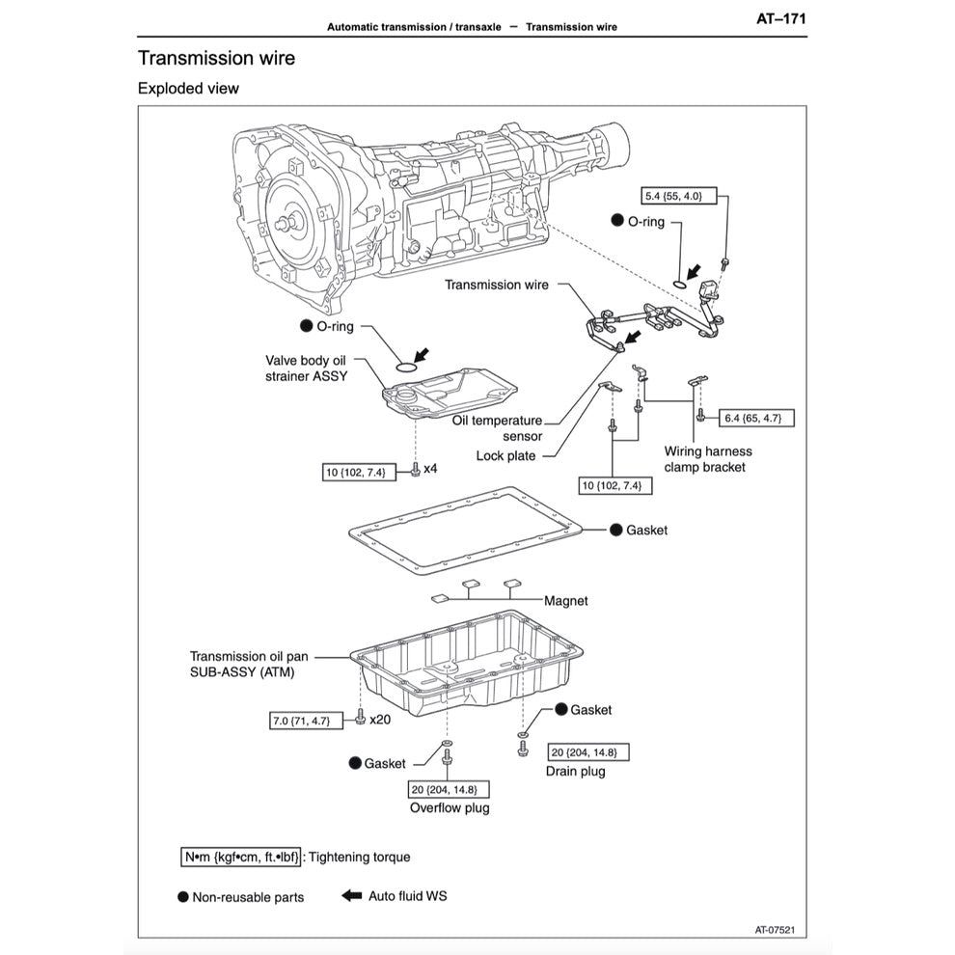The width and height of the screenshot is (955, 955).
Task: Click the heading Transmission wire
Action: click(216, 58)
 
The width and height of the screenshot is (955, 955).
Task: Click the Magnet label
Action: click(566, 600)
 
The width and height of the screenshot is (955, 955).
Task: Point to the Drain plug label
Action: click(576, 771)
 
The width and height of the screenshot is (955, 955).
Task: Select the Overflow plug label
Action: click(450, 807)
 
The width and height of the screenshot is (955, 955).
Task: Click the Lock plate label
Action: click(506, 455)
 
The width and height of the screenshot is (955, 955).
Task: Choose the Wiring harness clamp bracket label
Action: click(708, 459)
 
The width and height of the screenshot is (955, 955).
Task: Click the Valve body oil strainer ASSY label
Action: click(307, 368)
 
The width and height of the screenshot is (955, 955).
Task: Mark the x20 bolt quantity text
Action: click(379, 720)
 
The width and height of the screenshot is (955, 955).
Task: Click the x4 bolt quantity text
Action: click(430, 470)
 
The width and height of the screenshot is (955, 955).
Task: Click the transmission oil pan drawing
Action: click(468, 666)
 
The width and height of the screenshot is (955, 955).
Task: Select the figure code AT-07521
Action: click(781, 930)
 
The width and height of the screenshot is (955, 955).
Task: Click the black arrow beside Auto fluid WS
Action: click(351, 895)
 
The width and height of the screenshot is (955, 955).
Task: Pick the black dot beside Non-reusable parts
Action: click(183, 897)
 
